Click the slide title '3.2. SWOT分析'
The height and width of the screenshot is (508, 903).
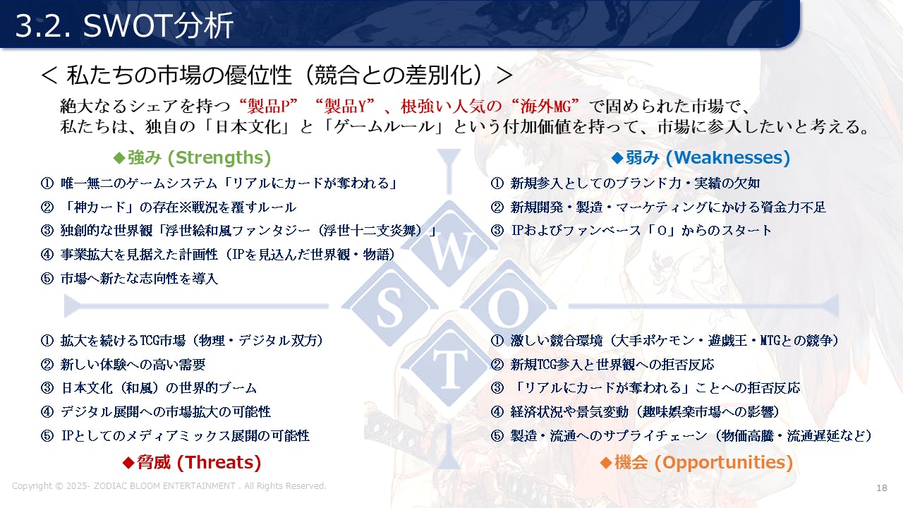click(x=124, y=25)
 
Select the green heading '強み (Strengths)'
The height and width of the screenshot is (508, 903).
click(x=193, y=157)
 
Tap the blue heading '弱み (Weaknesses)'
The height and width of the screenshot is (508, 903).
click(x=701, y=157)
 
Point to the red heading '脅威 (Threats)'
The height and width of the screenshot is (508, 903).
click(x=192, y=462)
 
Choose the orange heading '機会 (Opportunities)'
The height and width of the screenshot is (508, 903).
click(x=696, y=462)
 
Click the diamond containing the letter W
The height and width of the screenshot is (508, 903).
click(x=449, y=245)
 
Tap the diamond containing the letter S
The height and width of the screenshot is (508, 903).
click(x=389, y=306)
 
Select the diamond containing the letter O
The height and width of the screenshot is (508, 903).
click(x=509, y=306)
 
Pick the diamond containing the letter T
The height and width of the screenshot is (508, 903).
click(x=449, y=368)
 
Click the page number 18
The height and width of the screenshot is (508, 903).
click(x=882, y=488)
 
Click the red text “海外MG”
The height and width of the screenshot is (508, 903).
click(x=545, y=107)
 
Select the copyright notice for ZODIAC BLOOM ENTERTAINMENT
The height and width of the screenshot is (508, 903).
click(x=169, y=486)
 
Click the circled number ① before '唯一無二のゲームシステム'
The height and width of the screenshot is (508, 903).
click(x=47, y=183)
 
